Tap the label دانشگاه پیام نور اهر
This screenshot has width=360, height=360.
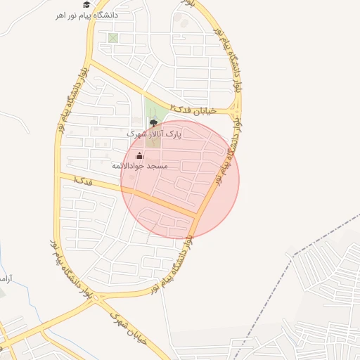[87, 15]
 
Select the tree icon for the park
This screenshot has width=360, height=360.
[154, 122]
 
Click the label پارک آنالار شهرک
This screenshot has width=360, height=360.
[154, 133]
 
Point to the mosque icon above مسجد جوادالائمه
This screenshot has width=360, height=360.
[139, 155]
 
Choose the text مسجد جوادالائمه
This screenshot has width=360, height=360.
[139, 166]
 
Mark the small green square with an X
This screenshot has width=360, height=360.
[113, 38]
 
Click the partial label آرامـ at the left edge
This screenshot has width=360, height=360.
[5, 279]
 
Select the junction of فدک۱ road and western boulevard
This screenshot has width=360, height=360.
[60, 174]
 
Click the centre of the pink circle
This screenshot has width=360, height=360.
[180, 180]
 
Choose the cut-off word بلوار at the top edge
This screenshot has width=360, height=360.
[186, 3]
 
